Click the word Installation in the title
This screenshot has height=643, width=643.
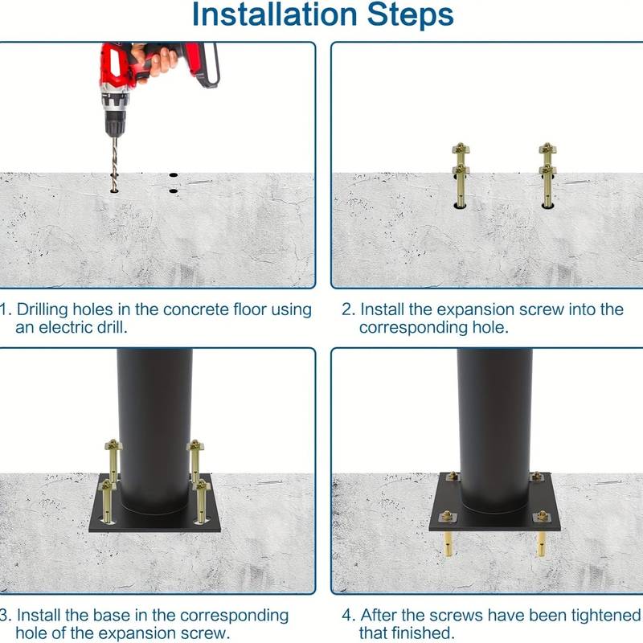(x=273, y=14)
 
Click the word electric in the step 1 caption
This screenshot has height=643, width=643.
(x=76, y=327)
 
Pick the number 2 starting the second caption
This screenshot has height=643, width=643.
(x=346, y=309)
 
